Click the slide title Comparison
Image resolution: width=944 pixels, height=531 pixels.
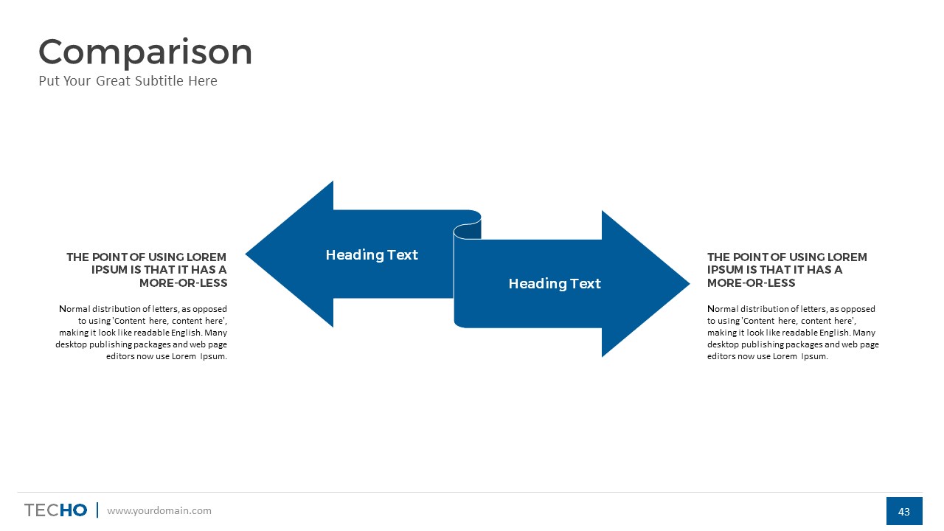(145, 53)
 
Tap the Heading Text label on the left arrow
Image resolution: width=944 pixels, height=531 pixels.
(372, 255)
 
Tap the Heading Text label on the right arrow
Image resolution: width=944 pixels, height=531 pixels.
(555, 284)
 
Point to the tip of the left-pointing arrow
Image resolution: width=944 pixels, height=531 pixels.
(246, 254)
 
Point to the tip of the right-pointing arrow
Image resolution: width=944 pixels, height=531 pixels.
(690, 284)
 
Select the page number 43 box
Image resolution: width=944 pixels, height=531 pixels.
(904, 511)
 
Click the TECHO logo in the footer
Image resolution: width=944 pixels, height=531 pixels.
(55, 510)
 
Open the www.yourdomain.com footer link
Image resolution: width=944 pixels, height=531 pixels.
(159, 511)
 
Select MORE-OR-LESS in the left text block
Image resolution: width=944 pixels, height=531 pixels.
(184, 282)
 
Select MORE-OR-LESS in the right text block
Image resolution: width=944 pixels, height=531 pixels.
(751, 282)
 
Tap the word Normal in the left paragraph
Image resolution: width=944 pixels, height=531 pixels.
(74, 309)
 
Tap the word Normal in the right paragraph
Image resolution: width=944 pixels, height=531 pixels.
(723, 309)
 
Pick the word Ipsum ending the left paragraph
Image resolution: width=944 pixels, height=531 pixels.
(214, 356)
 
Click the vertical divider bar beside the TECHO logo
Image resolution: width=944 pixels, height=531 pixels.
(97, 510)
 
